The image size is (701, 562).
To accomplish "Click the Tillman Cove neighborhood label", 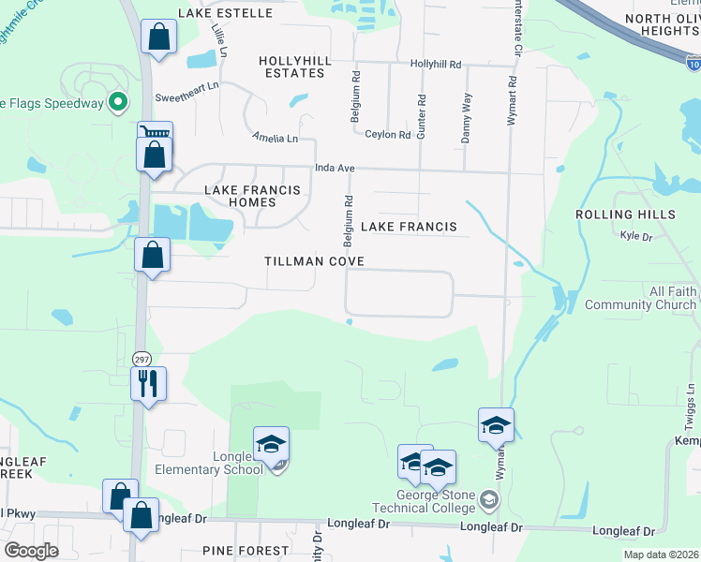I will (314, 261).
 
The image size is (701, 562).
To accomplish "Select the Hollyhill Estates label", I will (296, 67).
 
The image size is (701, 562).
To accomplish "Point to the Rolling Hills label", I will (625, 214).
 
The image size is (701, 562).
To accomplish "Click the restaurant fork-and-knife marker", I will (149, 383).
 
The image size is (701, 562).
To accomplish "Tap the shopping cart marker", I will (154, 134).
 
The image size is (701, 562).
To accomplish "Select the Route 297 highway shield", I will (142, 359).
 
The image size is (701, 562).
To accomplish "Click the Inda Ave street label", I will (335, 168).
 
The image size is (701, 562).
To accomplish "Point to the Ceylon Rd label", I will (388, 135).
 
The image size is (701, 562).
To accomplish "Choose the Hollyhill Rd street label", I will (436, 65).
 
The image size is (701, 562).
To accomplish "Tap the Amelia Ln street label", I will (275, 139).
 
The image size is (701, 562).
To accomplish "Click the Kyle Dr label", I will (635, 237).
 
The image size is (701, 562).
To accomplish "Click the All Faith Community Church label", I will (641, 299).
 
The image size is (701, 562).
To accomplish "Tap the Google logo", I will (31, 551).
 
